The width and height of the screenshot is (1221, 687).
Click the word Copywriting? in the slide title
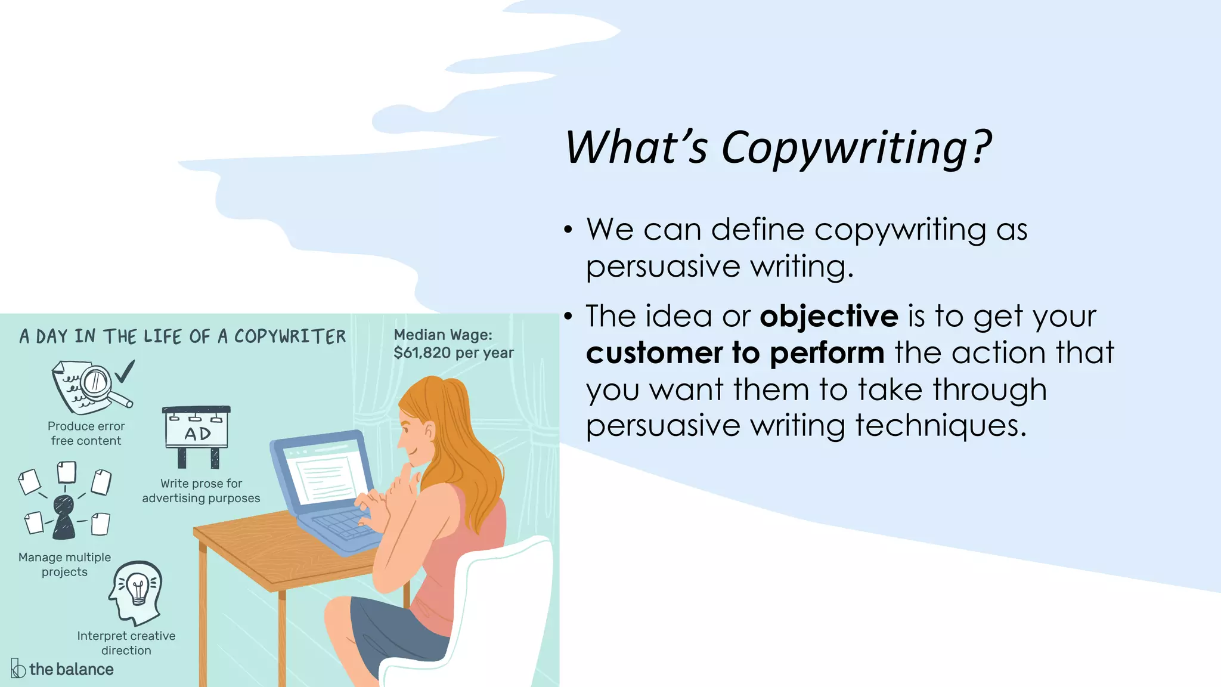click(856, 148)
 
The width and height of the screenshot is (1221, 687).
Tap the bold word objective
click(829, 316)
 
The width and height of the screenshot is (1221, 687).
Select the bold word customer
click(654, 353)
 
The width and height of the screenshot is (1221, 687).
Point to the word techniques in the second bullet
click(940, 426)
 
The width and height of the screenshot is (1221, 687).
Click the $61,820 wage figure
click(422, 353)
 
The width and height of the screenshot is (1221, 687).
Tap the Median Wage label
click(443, 335)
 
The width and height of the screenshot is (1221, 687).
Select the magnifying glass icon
click(99, 383)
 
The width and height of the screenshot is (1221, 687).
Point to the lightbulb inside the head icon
click(138, 588)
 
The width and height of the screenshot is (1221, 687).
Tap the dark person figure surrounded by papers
click(64, 516)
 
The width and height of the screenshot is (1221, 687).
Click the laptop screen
click(327, 471)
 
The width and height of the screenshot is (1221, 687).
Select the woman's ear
click(427, 430)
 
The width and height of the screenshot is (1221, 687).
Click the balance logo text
click(71, 669)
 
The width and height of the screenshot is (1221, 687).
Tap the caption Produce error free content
click(86, 434)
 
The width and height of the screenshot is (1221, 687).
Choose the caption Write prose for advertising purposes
click(201, 491)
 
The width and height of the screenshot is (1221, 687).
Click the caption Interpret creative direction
click(126, 643)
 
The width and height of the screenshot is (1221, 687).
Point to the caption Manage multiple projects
click(64, 564)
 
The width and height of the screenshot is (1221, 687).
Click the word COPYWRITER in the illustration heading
click(290, 337)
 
